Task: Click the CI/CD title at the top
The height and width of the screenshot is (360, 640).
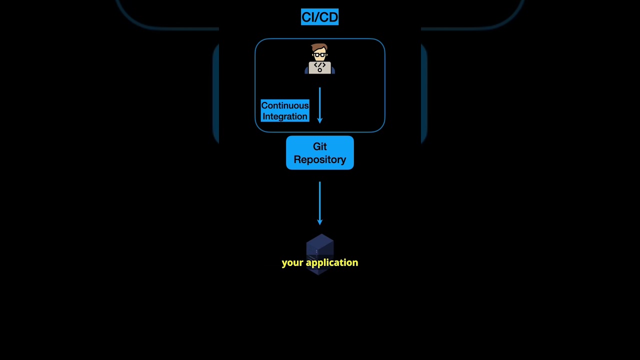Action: point(319,17)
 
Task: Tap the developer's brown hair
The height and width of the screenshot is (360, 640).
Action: point(319,47)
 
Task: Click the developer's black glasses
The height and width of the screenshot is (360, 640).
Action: point(319,54)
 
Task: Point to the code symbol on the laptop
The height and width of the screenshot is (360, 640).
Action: point(319,65)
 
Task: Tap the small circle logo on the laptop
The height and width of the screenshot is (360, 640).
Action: point(319,70)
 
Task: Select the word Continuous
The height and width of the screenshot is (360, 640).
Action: point(284,105)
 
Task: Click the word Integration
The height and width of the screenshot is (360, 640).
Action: point(284,116)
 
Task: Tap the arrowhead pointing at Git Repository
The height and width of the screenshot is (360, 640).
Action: point(319,120)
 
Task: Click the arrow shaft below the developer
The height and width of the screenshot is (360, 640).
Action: point(319,102)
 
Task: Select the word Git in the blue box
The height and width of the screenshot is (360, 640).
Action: point(319,146)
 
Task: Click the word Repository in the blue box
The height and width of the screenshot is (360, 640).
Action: point(319,159)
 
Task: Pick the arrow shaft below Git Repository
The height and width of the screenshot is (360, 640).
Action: point(319,200)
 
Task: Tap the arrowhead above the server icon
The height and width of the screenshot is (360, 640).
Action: point(319,222)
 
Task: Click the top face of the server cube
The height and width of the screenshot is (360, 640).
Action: point(319,240)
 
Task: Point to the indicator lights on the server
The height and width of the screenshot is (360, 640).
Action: point(316,252)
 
